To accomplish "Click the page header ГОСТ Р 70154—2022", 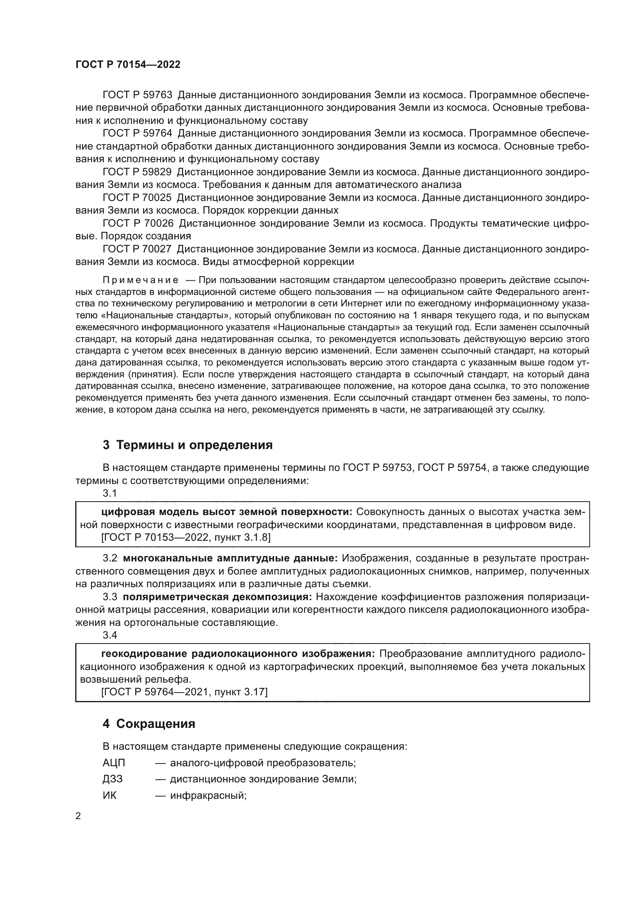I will click(x=128, y=65).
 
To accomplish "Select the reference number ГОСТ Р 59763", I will click(x=137, y=95).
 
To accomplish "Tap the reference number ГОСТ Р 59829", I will click(x=137, y=172).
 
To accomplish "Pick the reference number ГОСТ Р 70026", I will click(x=137, y=224).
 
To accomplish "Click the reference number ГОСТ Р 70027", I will click(x=137, y=249).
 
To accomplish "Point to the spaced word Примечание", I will click(x=141, y=280).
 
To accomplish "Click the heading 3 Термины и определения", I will click(x=187, y=445).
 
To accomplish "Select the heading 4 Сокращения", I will click(x=149, y=724).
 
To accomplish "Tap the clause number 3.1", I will click(x=110, y=494).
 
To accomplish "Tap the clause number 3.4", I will click(x=110, y=635).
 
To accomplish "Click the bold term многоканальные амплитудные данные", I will click(x=230, y=558).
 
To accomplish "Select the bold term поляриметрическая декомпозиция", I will click(x=217, y=597).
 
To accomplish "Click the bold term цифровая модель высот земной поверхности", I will click(x=227, y=512).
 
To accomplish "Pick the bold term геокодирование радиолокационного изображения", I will click(x=238, y=654).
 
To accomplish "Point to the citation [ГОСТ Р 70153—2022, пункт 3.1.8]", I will click(x=186, y=538).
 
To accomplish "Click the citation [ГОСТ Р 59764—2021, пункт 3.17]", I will click(x=184, y=692).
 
